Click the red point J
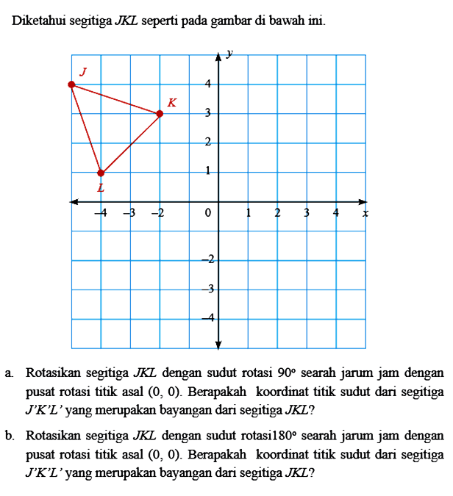point(71,85)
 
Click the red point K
point(160,114)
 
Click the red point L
point(101,173)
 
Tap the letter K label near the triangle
point(171,102)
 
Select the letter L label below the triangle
point(101,188)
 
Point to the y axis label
point(230,54)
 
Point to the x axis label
point(365,213)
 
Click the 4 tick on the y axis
point(208,84)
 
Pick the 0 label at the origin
point(208,213)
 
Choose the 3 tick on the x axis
point(307,213)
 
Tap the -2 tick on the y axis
point(208,259)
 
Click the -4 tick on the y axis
point(208,317)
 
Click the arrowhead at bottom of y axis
point(218,344)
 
